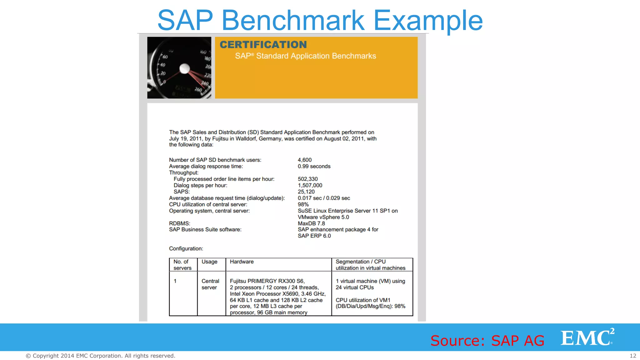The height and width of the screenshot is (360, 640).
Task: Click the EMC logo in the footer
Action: coord(587,337)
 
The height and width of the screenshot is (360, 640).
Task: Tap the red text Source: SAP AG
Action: coord(487,340)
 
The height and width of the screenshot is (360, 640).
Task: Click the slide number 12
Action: coord(633,356)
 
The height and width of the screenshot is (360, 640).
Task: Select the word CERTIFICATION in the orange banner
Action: coord(263,45)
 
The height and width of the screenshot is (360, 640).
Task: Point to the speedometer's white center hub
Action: coord(185,68)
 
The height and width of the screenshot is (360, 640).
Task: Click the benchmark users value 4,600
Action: coord(304,160)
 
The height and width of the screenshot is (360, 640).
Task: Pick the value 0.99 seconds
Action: coord(314,166)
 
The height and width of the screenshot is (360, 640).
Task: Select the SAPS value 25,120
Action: coord(306,192)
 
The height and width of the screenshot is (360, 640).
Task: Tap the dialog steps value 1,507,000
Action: coord(310,185)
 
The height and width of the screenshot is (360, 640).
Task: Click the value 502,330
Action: coord(307,179)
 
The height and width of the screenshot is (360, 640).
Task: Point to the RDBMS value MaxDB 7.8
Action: coord(311,223)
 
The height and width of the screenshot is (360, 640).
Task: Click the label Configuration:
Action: coord(186,248)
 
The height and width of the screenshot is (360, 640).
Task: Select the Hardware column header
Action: coord(242,262)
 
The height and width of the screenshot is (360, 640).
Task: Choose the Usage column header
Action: coord(209,262)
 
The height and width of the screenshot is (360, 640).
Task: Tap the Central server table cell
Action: coord(210,284)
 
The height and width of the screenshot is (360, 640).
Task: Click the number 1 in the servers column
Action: coord(175,281)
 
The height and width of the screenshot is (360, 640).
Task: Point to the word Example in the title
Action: coord(428,20)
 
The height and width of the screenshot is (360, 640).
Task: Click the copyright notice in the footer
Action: coord(100,356)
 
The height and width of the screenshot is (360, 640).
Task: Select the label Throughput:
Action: coord(184,172)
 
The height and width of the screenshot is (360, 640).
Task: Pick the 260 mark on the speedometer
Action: coord(198,89)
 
